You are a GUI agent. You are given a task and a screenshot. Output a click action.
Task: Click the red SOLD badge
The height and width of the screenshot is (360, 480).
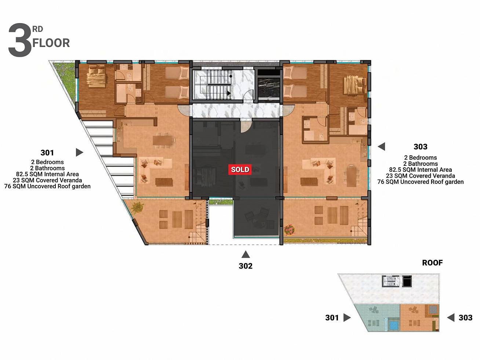240,170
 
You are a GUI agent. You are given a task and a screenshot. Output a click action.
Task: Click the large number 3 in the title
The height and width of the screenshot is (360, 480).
20,40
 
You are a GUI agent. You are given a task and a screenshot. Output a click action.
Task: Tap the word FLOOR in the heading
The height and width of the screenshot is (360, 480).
51,43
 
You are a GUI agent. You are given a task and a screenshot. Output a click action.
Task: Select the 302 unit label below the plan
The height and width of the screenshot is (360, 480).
246,266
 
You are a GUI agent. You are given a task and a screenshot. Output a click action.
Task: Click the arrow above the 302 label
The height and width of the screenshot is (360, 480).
246,254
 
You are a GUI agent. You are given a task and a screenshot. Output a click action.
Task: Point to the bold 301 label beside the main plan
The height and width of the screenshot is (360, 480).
47,153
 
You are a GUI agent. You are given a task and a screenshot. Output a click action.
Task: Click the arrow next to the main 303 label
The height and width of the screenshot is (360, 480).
382,146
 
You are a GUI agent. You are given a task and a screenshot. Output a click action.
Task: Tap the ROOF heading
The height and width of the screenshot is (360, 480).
432,263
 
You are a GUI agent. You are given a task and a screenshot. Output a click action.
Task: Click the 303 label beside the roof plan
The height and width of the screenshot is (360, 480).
465,318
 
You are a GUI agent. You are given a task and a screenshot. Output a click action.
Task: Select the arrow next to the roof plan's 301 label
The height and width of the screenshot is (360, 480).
347,317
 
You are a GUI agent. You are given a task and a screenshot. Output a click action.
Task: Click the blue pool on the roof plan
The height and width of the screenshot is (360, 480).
394,325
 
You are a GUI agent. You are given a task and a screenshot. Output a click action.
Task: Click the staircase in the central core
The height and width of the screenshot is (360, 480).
214,84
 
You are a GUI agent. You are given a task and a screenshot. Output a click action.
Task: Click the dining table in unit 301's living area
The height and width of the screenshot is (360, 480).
163,140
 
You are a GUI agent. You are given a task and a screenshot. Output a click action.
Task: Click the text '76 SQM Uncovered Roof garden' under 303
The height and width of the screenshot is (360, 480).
420,182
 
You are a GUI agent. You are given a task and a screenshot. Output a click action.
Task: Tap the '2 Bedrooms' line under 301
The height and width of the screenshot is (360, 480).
47,162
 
